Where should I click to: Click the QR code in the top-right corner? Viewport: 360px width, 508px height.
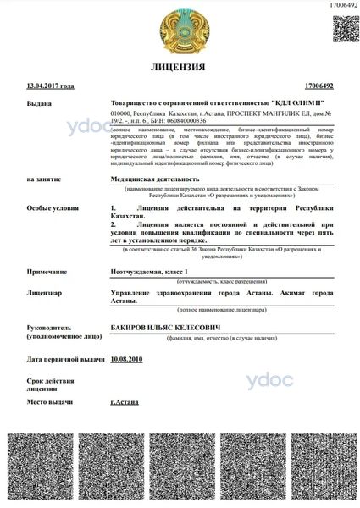(342, 27)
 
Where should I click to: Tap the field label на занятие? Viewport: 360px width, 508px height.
(44, 179)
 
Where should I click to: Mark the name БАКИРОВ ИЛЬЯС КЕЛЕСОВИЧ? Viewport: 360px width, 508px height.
(165, 324)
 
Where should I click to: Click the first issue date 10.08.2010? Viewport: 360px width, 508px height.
(127, 359)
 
